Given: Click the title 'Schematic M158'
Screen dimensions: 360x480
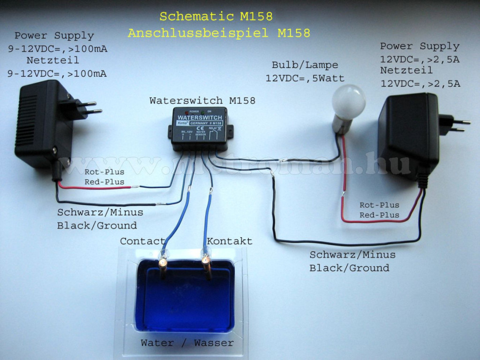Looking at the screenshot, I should [216, 16].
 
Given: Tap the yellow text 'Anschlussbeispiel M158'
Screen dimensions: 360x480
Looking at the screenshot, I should [219, 33].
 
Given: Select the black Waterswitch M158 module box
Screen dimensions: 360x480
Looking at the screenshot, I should [200, 128].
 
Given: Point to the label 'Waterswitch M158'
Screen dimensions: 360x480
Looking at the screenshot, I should [202, 100].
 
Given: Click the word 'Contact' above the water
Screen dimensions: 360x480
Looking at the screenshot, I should [142, 241].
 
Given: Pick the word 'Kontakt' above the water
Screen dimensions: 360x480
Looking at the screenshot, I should [230, 241].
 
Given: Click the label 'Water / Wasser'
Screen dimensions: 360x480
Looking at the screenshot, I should [187, 343].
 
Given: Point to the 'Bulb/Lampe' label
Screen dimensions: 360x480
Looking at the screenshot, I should [305, 65].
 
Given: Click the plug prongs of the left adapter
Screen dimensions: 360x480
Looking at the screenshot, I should [90, 107].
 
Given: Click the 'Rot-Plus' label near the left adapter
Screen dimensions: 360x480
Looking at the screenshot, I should [105, 172].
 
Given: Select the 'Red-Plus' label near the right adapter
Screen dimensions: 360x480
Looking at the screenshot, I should [380, 215].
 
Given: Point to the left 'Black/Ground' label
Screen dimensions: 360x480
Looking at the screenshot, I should [97, 225].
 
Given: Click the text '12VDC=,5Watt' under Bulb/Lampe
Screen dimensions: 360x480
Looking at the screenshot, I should [305, 78].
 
